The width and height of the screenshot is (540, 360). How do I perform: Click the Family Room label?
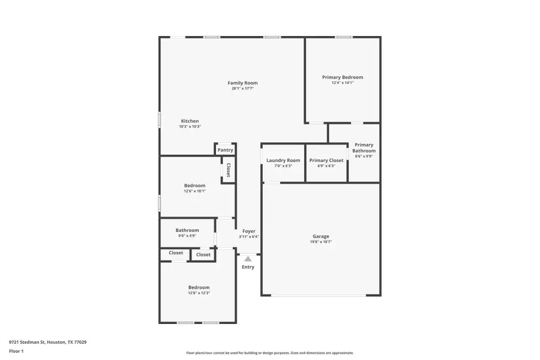tap(242, 83)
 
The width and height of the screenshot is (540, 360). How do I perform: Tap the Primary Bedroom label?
tap(343, 77)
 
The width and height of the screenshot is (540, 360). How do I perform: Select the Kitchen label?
tap(190, 121)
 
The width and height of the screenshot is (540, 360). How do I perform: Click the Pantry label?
tap(226, 150)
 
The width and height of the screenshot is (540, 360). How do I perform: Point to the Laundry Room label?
tap(283, 160)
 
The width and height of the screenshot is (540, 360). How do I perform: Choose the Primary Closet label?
tap(326, 160)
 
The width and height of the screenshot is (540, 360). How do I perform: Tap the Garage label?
tap(321, 236)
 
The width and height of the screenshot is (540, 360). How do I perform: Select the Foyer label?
tap(249, 231)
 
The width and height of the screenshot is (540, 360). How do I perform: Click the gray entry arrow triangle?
tap(248, 259)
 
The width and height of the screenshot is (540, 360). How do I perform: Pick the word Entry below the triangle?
tap(248, 267)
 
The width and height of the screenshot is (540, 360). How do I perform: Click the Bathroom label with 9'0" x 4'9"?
tap(187, 230)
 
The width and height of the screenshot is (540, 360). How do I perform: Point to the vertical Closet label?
tap(228, 170)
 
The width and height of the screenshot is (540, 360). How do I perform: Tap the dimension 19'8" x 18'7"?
tap(321, 242)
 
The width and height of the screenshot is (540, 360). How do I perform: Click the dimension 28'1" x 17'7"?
tap(242, 89)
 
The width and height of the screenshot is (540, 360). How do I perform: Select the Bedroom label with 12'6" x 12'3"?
tap(199, 287)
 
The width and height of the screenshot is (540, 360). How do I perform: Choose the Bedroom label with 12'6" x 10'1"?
tap(194, 186)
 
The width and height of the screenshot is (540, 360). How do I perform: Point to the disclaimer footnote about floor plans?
tap(270, 353)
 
